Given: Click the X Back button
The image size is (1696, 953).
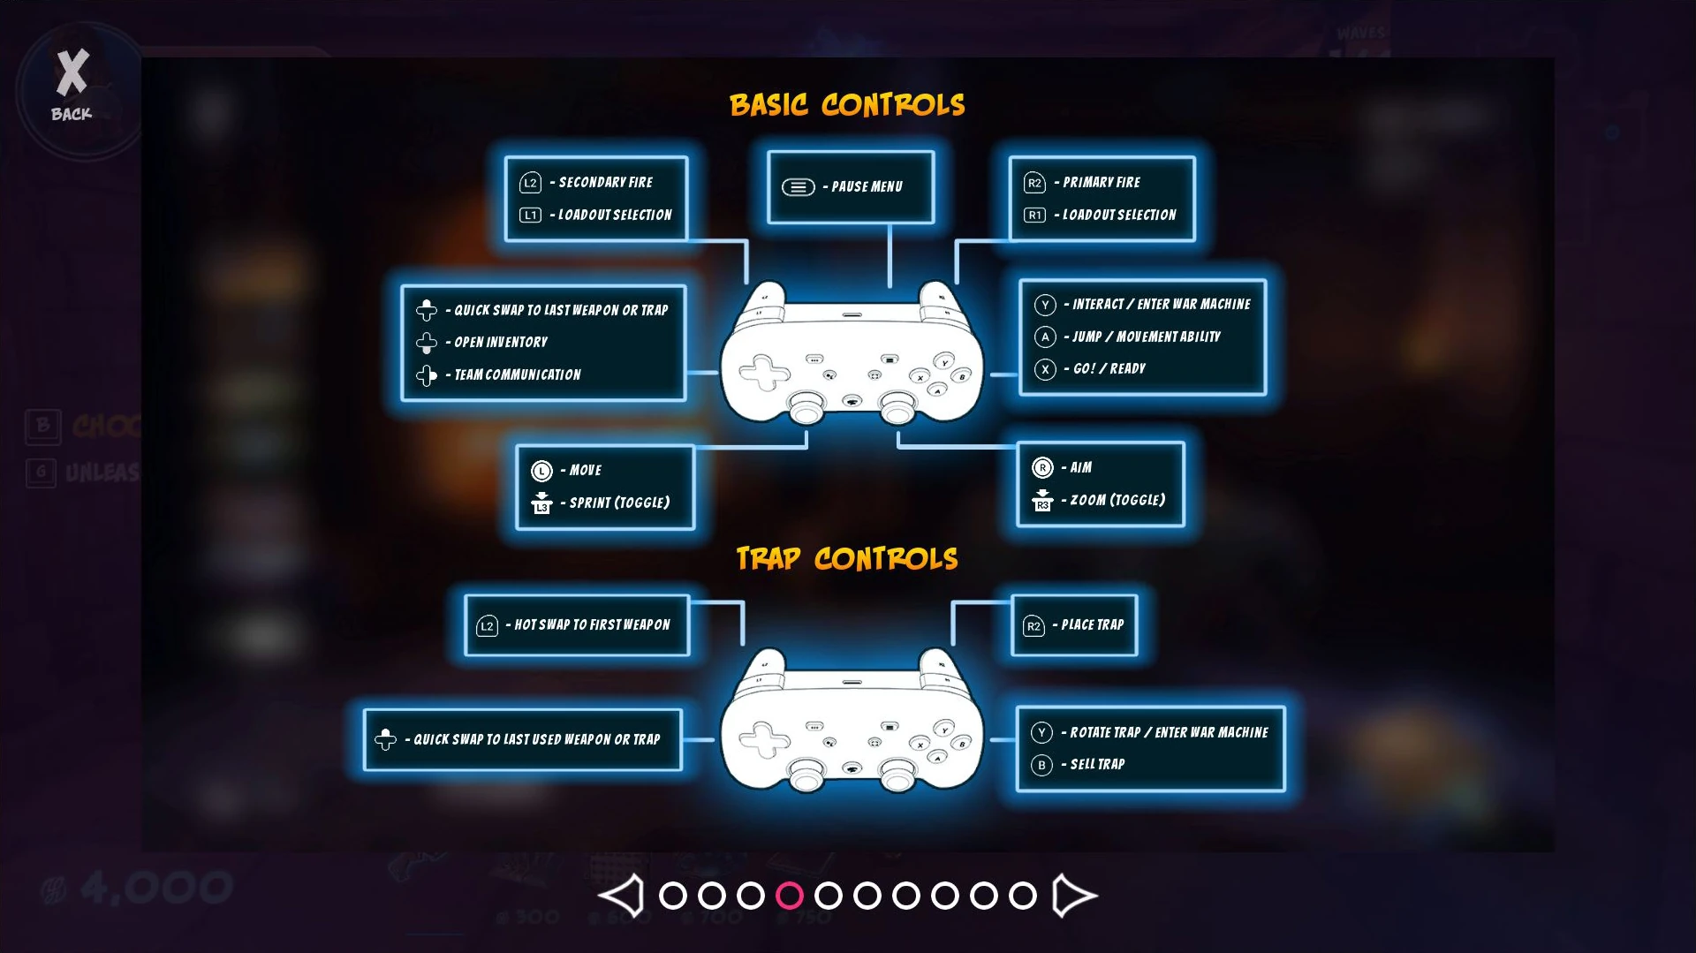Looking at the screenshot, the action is (72, 86).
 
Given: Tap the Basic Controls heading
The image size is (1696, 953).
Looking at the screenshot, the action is (846, 105).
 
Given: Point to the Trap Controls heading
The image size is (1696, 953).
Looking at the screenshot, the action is (846, 558).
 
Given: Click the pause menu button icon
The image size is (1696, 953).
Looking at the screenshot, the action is (798, 187).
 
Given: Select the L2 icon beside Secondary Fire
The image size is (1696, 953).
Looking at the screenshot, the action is (530, 183).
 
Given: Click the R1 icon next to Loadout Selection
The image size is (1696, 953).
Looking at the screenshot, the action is (1034, 216).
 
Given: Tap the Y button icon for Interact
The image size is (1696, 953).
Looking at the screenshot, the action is (1045, 305).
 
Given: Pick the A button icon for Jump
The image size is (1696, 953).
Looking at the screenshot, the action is (1045, 337).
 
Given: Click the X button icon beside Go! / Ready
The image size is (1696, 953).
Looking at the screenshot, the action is (1045, 369).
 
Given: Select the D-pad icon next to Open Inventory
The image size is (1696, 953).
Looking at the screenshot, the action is (427, 343).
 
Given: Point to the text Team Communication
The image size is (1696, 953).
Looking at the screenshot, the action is (518, 375).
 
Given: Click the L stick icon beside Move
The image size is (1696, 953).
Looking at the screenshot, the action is (541, 471).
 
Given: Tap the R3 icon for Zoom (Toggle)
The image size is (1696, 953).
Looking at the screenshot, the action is (1042, 501).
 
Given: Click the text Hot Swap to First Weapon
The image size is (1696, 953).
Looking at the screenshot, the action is (592, 625).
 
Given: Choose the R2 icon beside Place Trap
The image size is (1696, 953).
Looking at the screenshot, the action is (1033, 626).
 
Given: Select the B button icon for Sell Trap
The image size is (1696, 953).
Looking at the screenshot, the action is (1041, 765).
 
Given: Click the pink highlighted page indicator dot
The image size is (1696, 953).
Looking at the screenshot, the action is (789, 896).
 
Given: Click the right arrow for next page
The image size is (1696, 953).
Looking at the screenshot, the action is (1073, 896).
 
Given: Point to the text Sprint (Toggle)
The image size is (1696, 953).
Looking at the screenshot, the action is (619, 503).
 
